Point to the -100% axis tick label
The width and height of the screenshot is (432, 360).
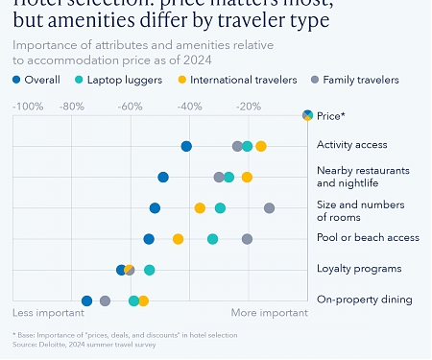coord(28,107)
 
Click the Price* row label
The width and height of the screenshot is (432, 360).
coord(330,116)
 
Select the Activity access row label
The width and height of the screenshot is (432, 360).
coord(351,145)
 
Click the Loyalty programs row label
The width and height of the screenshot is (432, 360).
coord(359,269)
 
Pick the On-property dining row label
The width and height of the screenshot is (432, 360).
coord(364,300)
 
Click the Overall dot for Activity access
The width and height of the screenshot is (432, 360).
coord(186,147)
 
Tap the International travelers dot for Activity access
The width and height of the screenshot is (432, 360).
coord(261,147)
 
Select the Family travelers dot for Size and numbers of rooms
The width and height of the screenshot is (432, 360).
coord(270,208)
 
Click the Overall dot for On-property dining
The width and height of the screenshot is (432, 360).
coord(87,301)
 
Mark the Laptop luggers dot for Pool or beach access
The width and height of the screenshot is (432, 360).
coord(213,239)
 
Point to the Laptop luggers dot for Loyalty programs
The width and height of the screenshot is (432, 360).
coord(150,271)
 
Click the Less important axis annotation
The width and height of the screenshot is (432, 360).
coord(48,313)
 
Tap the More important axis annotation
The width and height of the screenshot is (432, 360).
coord(269,313)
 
